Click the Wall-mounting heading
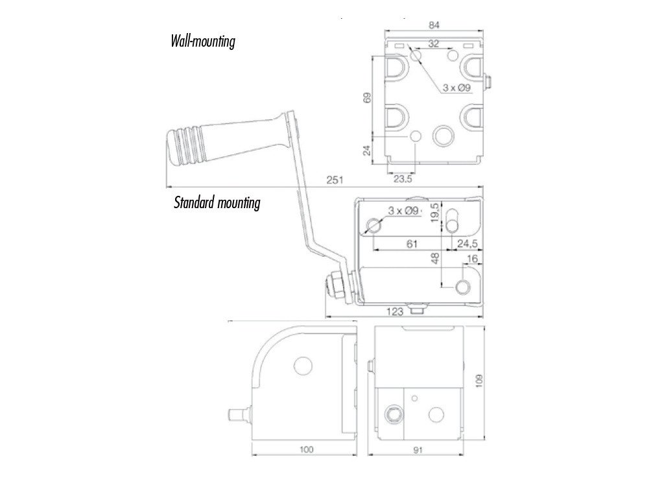[x=202, y=42]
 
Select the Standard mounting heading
[x=217, y=203]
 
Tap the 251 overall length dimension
[x=334, y=180]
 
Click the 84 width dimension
[x=434, y=25]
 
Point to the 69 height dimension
[x=368, y=99]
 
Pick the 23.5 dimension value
[x=402, y=180]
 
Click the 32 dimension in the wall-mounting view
[x=434, y=43]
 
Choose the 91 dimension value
[x=419, y=449]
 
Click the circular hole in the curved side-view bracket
[x=302, y=365]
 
